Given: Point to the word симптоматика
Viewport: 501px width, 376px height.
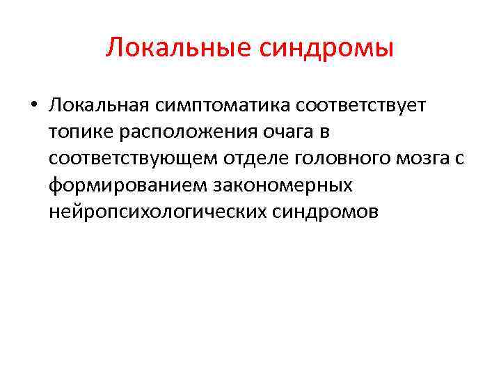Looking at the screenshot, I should click(218, 105).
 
